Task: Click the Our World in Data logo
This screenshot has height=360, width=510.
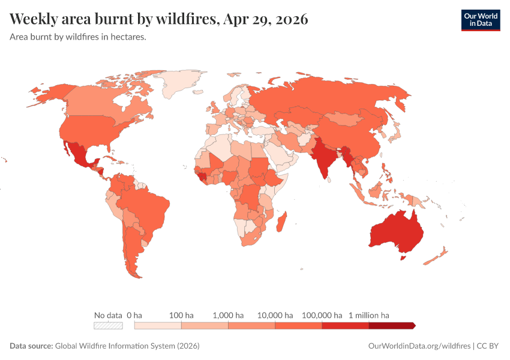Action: click(480, 20)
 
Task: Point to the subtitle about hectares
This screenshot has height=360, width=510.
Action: click(78, 37)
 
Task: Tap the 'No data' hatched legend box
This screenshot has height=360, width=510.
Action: click(108, 326)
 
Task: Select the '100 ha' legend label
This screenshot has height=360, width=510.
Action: click(181, 315)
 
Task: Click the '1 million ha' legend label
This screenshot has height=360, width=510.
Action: click(369, 315)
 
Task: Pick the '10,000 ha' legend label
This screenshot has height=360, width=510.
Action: click(275, 315)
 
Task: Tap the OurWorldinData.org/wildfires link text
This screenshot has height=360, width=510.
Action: click(419, 346)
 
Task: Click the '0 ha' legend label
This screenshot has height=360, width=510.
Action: click(134, 315)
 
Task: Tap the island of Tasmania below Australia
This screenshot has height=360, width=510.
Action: click(403, 258)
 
